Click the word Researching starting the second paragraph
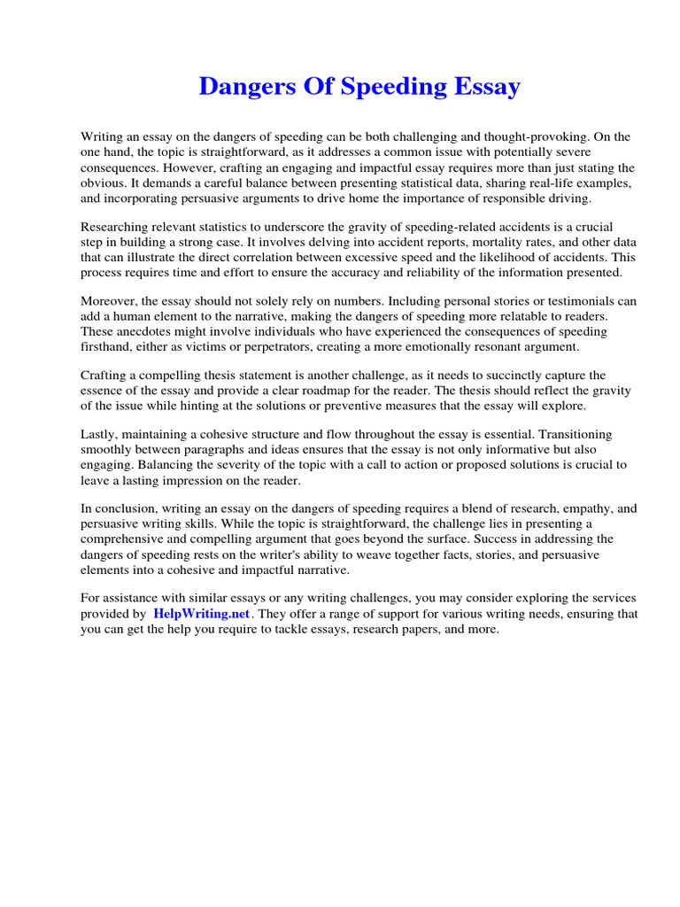tap(116, 227)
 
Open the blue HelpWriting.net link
tap(203, 614)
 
